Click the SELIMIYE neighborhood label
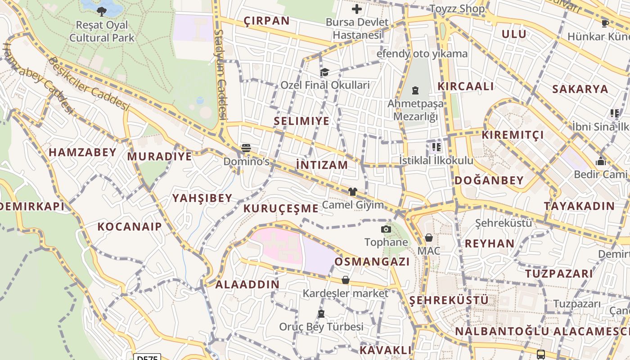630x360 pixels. [301, 121]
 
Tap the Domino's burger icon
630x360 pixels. [246, 148]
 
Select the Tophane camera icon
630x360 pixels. [386, 229]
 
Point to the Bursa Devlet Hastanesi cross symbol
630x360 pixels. [357, 9]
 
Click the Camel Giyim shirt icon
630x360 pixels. [352, 192]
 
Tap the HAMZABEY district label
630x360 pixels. [83, 153]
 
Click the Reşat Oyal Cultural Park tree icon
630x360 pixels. [102, 11]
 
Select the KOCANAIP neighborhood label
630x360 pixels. [130, 226]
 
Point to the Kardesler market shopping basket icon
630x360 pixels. [345, 280]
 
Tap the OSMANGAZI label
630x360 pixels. [372, 262]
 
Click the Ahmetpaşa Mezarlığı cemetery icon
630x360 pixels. [415, 90]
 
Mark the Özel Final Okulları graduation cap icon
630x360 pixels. [324, 72]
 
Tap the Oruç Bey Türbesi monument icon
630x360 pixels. [321, 313]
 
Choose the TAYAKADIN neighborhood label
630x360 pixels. [579, 206]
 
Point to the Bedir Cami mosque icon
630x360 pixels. [600, 161]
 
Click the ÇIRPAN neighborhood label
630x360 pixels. [266, 21]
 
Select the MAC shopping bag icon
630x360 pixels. [429, 238]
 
